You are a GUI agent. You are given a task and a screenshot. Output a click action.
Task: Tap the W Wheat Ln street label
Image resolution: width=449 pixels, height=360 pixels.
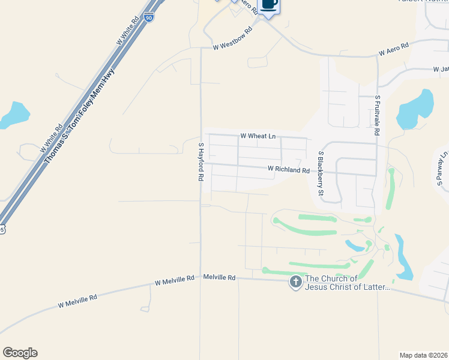(258, 136)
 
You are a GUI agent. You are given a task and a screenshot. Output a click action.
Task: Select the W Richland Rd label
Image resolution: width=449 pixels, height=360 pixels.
(289, 170)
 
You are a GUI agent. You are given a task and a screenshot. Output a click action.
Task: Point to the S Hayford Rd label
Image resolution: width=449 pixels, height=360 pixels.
(202, 162)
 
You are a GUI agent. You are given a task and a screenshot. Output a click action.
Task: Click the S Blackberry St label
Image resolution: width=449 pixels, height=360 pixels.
(321, 173)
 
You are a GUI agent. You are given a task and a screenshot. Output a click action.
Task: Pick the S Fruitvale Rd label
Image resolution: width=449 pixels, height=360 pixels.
(377, 114)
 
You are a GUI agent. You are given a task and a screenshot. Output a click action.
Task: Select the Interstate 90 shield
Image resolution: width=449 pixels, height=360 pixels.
(148, 17)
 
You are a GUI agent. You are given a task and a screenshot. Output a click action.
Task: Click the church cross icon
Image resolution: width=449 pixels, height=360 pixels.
(295, 282)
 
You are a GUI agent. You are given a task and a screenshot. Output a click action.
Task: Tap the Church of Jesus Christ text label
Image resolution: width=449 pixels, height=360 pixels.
(348, 283)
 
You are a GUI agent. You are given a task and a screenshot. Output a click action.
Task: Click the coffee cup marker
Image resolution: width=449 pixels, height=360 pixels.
(269, 4)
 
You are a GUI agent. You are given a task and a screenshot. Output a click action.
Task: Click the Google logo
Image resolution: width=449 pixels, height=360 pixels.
(20, 353)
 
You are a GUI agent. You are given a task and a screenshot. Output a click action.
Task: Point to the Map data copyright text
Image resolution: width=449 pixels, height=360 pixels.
(423, 355)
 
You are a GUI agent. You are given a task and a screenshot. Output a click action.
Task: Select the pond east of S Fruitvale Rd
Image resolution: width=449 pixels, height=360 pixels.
(417, 108)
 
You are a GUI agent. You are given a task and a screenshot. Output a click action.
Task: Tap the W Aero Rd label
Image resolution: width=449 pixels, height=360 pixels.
(393, 49)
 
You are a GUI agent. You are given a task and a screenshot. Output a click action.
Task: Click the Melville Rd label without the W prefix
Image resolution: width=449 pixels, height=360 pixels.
(219, 277)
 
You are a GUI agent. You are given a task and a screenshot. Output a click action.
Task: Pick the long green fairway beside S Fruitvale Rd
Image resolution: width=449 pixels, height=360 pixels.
(391, 188)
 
